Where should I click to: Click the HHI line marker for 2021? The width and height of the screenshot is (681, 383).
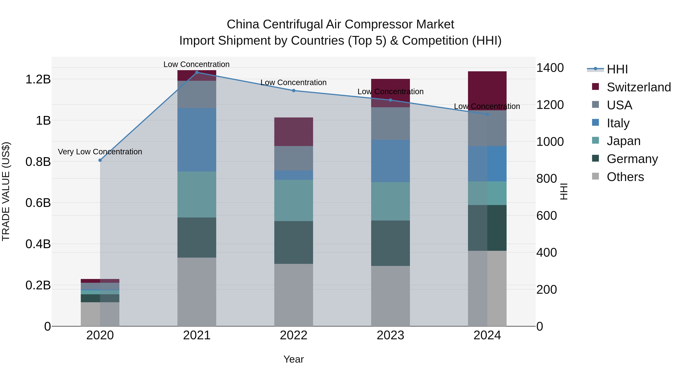coord(197,72)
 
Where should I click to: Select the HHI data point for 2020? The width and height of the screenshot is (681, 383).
coord(100,160)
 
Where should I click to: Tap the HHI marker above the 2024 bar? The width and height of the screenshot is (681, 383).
coord(487,114)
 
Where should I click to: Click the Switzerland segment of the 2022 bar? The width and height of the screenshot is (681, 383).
coord(293,132)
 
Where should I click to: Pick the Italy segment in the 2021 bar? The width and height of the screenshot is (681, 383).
coord(197,140)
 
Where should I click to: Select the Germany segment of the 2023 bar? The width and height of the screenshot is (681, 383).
coord(390,243)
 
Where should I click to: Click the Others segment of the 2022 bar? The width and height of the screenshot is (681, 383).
coord(293,295)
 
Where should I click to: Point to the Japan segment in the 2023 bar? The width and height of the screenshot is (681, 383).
coord(390,201)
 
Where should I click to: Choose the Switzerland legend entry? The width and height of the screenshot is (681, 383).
coord(638,87)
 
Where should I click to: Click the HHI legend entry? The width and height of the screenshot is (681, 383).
coord(617,69)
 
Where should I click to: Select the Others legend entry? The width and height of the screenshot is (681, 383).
coord(625,177)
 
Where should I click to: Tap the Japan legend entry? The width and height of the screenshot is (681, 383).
coord(623,141)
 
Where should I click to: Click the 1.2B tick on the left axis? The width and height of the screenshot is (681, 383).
coord(38,79)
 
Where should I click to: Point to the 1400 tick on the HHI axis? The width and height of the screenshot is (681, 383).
coord(550,68)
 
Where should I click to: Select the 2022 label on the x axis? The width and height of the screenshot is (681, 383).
coord(293,335)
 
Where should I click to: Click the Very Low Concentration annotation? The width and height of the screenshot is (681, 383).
coord(100,152)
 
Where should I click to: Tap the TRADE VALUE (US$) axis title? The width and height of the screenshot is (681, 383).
coord(6,191)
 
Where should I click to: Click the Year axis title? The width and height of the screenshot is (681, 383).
coord(293,359)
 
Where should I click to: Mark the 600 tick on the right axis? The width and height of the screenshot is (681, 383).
coord(547,216)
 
